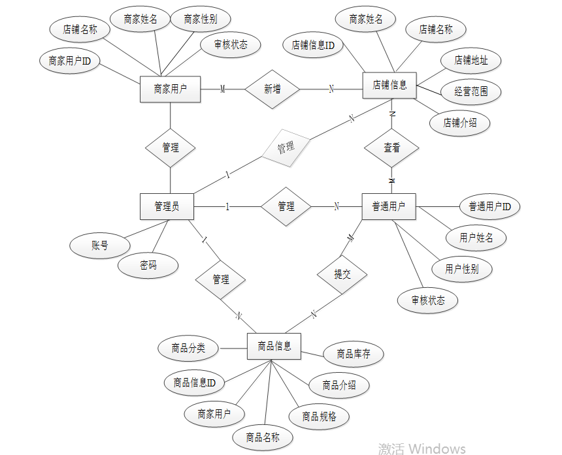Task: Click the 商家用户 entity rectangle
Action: click(x=170, y=89)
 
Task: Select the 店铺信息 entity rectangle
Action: click(x=389, y=85)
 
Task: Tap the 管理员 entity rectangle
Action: click(x=167, y=206)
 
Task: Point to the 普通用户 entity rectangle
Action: click(x=389, y=206)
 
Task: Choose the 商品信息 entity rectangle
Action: click(x=274, y=346)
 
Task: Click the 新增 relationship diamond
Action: click(x=272, y=89)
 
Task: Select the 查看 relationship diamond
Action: click(x=391, y=148)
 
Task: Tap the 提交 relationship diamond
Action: click(x=342, y=274)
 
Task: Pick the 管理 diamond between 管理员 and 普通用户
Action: click(x=286, y=206)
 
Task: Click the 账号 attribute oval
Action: click(x=99, y=245)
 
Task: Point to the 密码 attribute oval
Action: click(x=148, y=266)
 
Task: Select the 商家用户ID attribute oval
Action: click(x=69, y=61)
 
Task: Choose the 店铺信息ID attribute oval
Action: click(x=313, y=45)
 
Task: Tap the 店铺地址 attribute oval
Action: click(x=470, y=61)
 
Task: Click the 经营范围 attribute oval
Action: click(x=471, y=91)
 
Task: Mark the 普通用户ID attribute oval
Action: click(x=489, y=207)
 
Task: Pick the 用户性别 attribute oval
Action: click(x=462, y=269)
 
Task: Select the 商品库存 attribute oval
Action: click(x=354, y=354)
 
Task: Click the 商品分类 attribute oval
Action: click(x=188, y=348)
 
